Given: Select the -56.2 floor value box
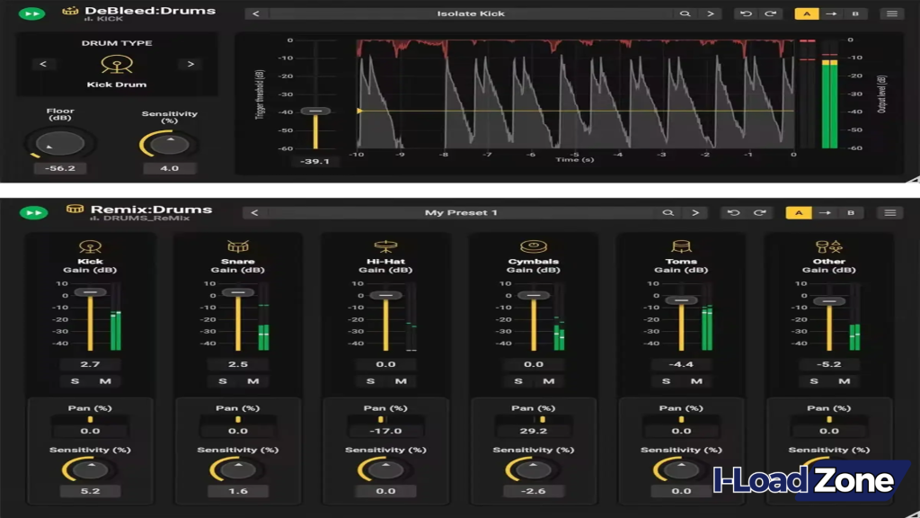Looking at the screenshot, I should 60,168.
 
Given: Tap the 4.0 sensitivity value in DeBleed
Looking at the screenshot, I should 169,168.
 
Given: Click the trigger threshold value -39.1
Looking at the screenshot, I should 315,162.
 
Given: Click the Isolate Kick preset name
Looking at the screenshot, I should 470,13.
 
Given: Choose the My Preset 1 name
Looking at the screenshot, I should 461,213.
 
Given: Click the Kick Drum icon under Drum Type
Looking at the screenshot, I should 117,65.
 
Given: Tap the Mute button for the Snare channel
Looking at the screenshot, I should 253,381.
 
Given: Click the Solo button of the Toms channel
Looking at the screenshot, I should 667,381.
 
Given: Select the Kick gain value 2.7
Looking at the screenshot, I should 90,364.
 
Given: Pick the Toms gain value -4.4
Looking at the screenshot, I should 681,364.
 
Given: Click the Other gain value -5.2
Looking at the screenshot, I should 829,364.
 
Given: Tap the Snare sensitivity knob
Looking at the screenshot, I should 237,469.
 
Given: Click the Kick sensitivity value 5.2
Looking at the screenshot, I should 90,491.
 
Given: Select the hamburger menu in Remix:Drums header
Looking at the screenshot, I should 890,213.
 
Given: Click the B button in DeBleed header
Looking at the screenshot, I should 854,13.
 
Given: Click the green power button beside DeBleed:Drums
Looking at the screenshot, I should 32,13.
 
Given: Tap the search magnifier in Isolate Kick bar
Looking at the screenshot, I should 685,13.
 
